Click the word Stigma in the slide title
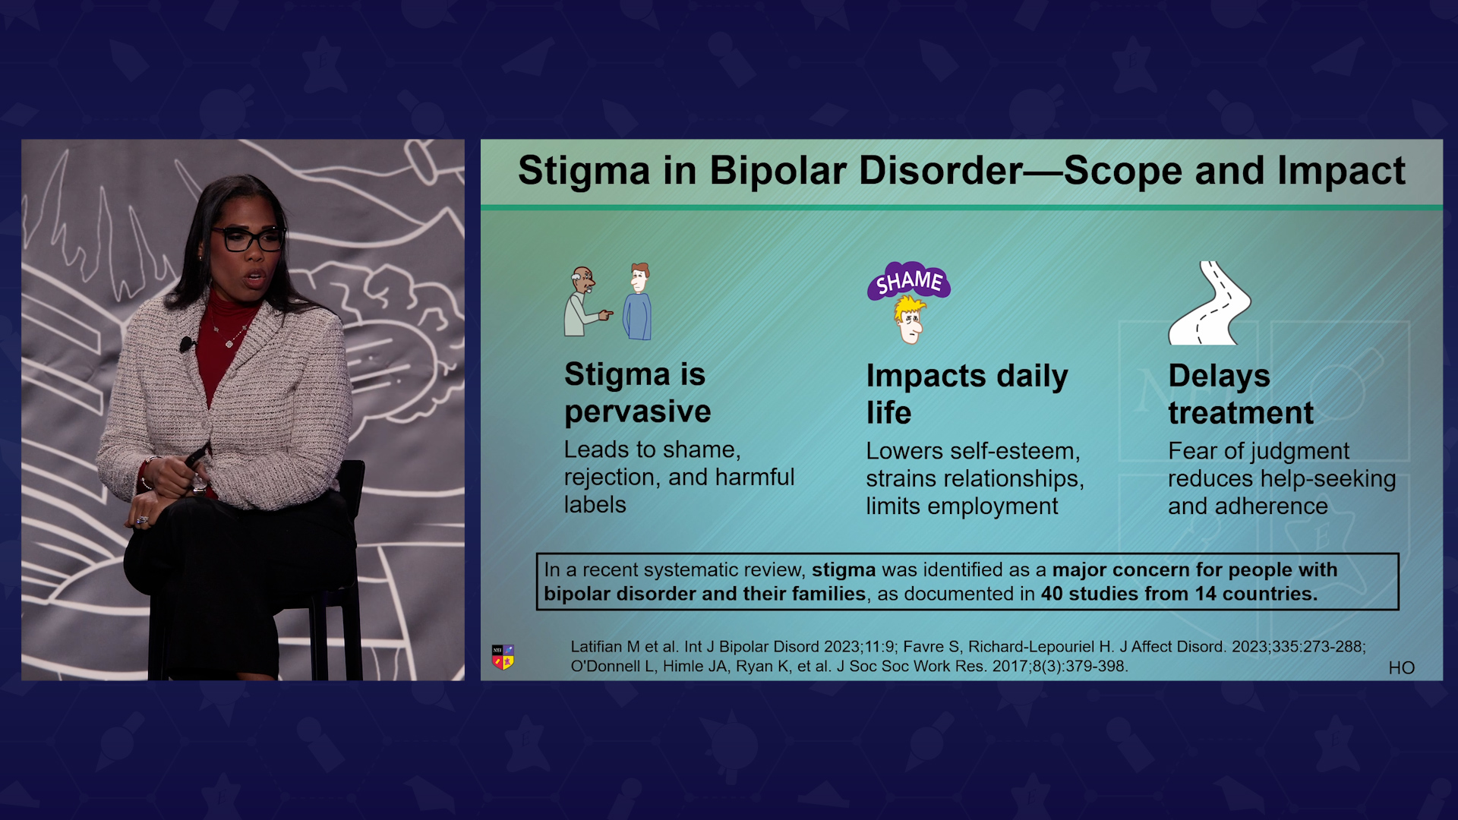[x=584, y=171]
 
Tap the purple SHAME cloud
[x=909, y=282]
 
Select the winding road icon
[x=1209, y=303]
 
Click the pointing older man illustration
[x=586, y=301]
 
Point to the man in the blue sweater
[x=638, y=301]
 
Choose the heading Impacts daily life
[x=967, y=394]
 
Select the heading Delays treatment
[x=1241, y=394]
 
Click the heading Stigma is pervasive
[x=637, y=393]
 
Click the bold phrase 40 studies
[x=1088, y=594]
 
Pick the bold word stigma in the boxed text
[x=844, y=570]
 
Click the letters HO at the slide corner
[x=1402, y=668]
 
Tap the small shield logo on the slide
[x=503, y=657]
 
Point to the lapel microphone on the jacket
[x=185, y=345]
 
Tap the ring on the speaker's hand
[x=141, y=520]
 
